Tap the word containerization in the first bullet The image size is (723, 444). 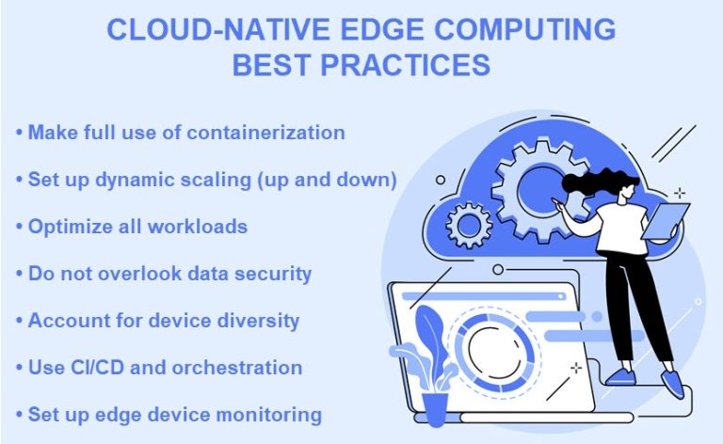point(265,132)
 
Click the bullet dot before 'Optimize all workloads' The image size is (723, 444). point(19,227)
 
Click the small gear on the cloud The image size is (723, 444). point(467,226)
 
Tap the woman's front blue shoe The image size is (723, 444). point(672,383)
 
